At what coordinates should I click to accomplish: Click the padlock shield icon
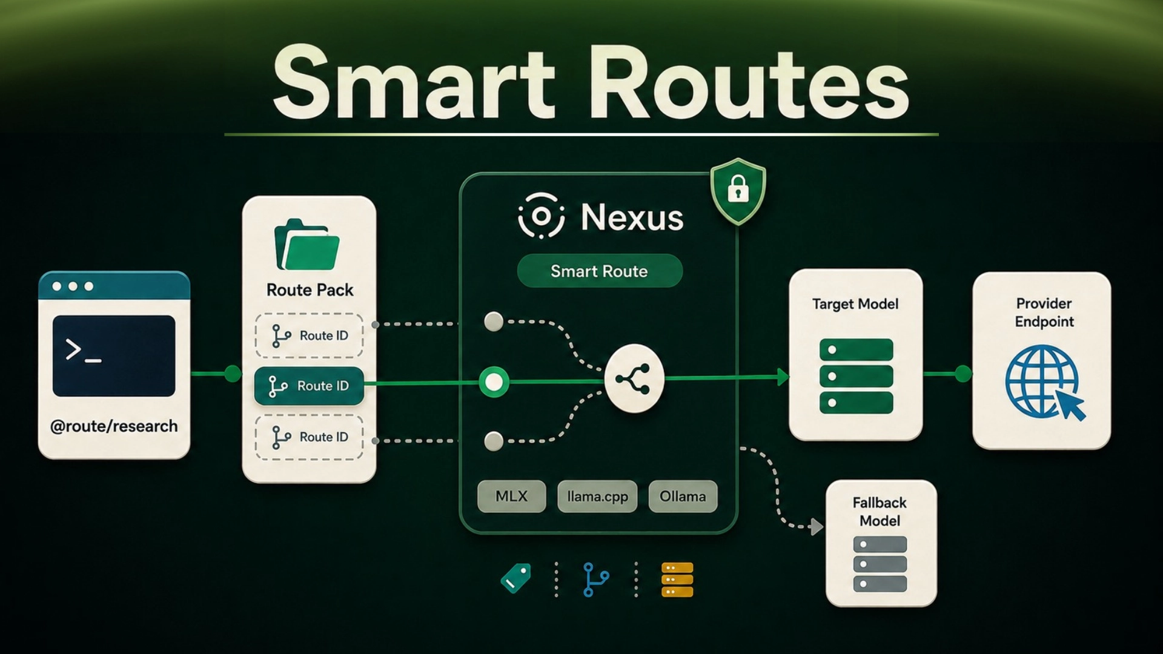pyautogui.click(x=738, y=191)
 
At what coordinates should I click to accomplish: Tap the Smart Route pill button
pyautogui.click(x=600, y=271)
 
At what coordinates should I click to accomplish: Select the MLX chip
pyautogui.click(x=511, y=497)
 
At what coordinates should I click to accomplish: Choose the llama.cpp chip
pyautogui.click(x=597, y=497)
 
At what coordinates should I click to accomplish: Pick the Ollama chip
pyautogui.click(x=683, y=497)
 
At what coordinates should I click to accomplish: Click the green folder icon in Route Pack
pyautogui.click(x=307, y=244)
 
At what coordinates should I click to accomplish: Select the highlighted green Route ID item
pyautogui.click(x=309, y=386)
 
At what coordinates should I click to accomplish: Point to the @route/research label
pyautogui.click(x=114, y=426)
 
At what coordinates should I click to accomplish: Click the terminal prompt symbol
pyautogui.click(x=83, y=351)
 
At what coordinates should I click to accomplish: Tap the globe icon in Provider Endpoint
pyautogui.click(x=1044, y=382)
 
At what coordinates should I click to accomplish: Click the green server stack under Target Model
pyautogui.click(x=856, y=376)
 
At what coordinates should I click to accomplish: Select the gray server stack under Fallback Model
pyautogui.click(x=880, y=564)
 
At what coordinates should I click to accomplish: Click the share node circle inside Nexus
pyautogui.click(x=634, y=378)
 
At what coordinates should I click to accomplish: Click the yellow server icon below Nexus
pyautogui.click(x=677, y=580)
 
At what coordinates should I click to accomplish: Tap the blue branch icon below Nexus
pyautogui.click(x=595, y=580)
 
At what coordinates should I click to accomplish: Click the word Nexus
pyautogui.click(x=632, y=217)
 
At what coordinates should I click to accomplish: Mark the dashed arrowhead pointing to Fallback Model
pyautogui.click(x=817, y=527)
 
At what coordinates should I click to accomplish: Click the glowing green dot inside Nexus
pyautogui.click(x=494, y=381)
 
